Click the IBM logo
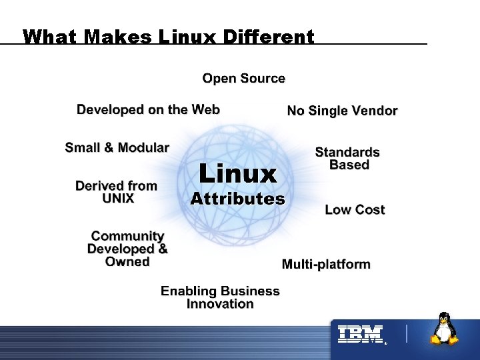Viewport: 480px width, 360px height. coord(360,334)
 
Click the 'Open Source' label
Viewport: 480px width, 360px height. coord(243,79)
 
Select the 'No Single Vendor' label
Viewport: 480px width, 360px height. coord(342,111)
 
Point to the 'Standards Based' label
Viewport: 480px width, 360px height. coord(347,159)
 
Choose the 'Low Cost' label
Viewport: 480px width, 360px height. coord(355,210)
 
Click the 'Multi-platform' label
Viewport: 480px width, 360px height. coord(326,265)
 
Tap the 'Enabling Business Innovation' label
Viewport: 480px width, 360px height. coord(220,297)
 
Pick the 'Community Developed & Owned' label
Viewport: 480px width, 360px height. coord(127,249)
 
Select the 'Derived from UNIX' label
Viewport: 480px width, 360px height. coord(117,192)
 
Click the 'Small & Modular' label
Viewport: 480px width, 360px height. coord(117,147)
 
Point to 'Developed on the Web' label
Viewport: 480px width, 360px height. coord(148,109)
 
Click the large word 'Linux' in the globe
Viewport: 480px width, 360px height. coord(237,174)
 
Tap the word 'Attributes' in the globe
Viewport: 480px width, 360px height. coord(237,199)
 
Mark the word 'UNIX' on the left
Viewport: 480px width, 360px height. coord(118,199)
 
